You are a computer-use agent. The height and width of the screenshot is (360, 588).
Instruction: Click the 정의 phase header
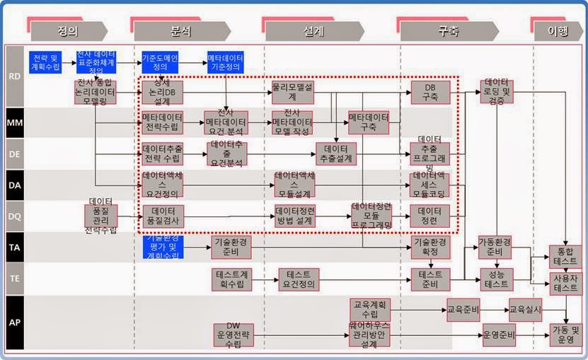68,31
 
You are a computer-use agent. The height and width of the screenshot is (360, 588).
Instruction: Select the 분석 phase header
180,31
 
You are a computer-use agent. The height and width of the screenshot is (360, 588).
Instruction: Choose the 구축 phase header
448,31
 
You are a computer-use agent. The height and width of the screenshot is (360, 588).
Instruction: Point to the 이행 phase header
561,31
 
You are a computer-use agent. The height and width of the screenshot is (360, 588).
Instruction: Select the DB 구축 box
430,92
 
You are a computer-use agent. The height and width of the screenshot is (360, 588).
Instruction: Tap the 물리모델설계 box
294,92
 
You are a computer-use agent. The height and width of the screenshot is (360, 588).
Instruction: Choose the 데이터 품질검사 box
163,216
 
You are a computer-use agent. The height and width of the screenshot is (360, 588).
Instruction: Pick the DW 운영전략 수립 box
234,335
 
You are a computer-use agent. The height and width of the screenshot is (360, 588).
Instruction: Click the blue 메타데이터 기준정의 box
226,62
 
